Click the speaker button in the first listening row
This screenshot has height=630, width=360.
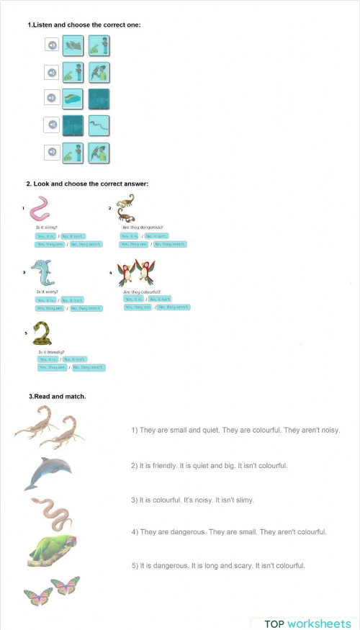(x=53, y=46)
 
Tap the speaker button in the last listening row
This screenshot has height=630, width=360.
(x=53, y=153)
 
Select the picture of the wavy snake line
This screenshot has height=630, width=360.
(x=99, y=125)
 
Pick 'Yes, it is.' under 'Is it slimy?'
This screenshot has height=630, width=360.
(x=46, y=236)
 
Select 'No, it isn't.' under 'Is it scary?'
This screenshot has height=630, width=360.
(x=72, y=300)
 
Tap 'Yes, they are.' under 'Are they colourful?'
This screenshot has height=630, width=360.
(x=138, y=307)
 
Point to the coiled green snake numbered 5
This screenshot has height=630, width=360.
(x=44, y=333)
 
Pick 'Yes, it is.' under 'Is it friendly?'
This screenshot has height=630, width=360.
(x=48, y=359)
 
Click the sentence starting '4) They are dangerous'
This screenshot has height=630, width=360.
(x=229, y=532)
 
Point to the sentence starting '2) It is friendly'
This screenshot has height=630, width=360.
(x=209, y=466)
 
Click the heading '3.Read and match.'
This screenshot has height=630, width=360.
(x=58, y=397)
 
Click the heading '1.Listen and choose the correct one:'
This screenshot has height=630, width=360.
(x=84, y=25)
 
